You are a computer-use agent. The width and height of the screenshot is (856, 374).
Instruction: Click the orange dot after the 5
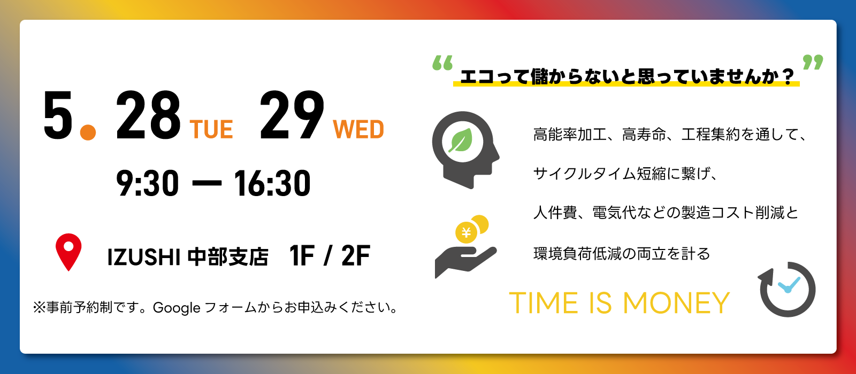[x=88, y=133]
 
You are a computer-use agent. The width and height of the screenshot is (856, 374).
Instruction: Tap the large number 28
[x=148, y=115]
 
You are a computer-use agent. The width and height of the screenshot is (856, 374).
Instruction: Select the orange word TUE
[x=211, y=129]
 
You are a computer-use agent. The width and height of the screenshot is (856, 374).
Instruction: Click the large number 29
[x=292, y=115]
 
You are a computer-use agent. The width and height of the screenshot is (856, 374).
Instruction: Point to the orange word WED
[x=358, y=129]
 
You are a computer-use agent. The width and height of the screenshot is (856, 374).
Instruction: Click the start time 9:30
[x=148, y=183]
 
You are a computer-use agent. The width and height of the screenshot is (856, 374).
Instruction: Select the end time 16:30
[x=272, y=183]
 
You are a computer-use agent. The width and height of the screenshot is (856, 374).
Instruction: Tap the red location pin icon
[x=68, y=252]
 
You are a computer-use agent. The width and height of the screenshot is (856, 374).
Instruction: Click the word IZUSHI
[x=144, y=256]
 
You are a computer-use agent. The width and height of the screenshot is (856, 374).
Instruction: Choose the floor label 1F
[x=302, y=255]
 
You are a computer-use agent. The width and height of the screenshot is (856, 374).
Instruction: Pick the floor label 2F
[x=356, y=255]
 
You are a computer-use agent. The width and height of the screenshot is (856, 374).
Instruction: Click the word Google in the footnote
[x=177, y=308]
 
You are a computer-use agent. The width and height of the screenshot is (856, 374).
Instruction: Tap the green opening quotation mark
[x=442, y=63]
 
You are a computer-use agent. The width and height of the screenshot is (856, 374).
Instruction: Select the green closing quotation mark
[x=813, y=62]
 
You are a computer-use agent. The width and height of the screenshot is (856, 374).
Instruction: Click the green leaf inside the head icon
[x=461, y=141]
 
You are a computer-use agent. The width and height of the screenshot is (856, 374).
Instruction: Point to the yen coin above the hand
[x=466, y=232]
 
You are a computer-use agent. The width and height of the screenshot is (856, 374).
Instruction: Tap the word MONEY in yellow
[x=676, y=303]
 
